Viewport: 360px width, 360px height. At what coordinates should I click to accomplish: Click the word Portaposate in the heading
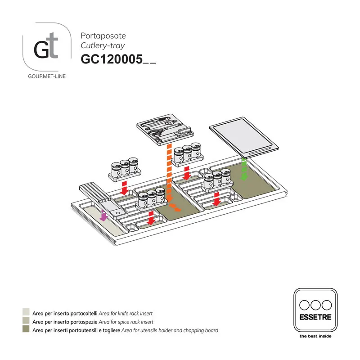(x=103, y=36)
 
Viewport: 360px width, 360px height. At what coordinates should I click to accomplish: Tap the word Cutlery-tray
(x=103, y=45)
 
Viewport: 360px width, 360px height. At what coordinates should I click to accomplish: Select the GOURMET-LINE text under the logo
(x=47, y=76)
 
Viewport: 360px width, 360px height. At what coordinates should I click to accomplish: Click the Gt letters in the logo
(x=46, y=48)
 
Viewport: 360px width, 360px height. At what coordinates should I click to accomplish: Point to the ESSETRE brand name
(x=315, y=317)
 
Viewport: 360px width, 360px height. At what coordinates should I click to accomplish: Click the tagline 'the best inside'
(x=315, y=336)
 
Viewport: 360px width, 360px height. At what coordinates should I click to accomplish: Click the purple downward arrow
(x=104, y=217)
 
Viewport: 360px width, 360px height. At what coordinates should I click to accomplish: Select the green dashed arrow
(x=244, y=169)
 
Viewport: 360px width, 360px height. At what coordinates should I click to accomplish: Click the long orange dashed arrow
(x=168, y=175)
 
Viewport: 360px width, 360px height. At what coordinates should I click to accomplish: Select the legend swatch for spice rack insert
(x=26, y=322)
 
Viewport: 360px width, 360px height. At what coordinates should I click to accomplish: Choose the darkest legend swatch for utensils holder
(x=26, y=330)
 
